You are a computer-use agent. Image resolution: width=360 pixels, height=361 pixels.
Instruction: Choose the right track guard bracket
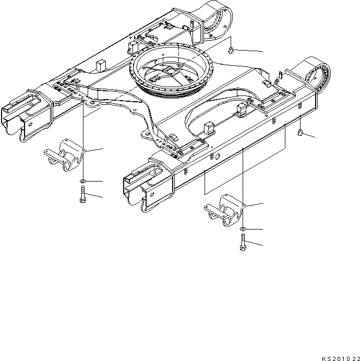[x=224, y=210]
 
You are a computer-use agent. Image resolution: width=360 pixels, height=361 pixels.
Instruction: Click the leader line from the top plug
[x=250, y=51]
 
